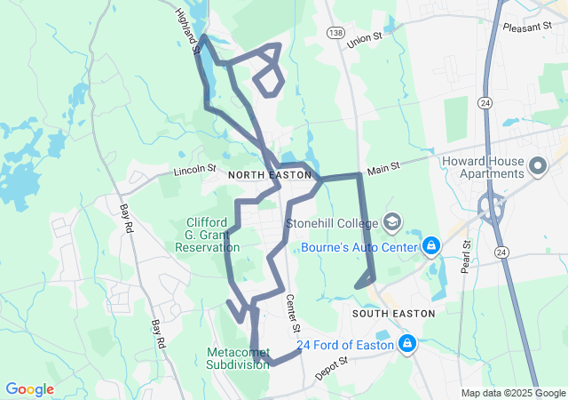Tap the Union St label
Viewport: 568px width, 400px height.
(x=364, y=41)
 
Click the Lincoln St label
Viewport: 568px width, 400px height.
(x=195, y=169)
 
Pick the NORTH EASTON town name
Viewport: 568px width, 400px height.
(x=270, y=176)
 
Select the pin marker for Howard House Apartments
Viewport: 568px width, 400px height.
(x=538, y=166)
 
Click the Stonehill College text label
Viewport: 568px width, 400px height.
(x=332, y=222)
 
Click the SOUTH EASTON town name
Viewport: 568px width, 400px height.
(x=393, y=314)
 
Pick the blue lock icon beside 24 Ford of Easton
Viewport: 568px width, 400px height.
(x=407, y=342)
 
